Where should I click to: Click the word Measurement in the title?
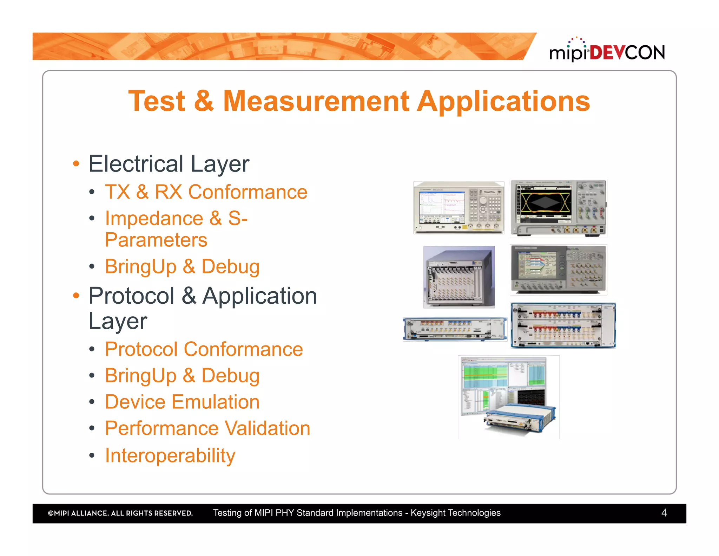click(x=316, y=101)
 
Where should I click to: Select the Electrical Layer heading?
click(x=169, y=164)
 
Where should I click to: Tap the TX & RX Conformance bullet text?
click(x=206, y=192)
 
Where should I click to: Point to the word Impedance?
click(x=154, y=219)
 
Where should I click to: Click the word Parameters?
click(x=156, y=240)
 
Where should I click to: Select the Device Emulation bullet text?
click(x=182, y=402)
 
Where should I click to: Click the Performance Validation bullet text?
click(x=207, y=428)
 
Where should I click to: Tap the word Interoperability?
click(x=170, y=456)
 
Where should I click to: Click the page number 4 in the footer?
click(x=664, y=513)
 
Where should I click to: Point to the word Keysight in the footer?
click(x=427, y=513)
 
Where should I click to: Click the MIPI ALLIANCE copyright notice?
click(x=120, y=513)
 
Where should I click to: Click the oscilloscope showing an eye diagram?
click(x=558, y=208)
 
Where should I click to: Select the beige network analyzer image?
click(x=459, y=208)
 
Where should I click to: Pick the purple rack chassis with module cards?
click(x=459, y=277)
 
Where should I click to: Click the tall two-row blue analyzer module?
click(x=563, y=325)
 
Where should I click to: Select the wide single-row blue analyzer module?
click(x=455, y=329)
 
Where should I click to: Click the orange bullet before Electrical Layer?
click(x=76, y=164)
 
